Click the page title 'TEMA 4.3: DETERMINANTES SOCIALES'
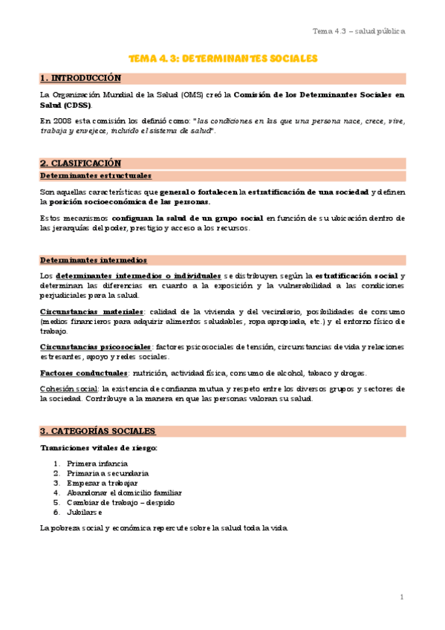tap(223, 58)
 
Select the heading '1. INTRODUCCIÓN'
tap(80, 78)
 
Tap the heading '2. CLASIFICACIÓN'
tap(80, 163)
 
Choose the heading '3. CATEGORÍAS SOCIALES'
tap(97, 431)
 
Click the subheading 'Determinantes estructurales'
tap(95, 176)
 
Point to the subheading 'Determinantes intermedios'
tap(93, 261)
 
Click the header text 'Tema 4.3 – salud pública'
tap(358, 31)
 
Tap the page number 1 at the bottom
tap(401, 597)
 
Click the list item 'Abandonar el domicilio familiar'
tap(124, 493)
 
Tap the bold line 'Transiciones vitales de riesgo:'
tap(99, 447)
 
